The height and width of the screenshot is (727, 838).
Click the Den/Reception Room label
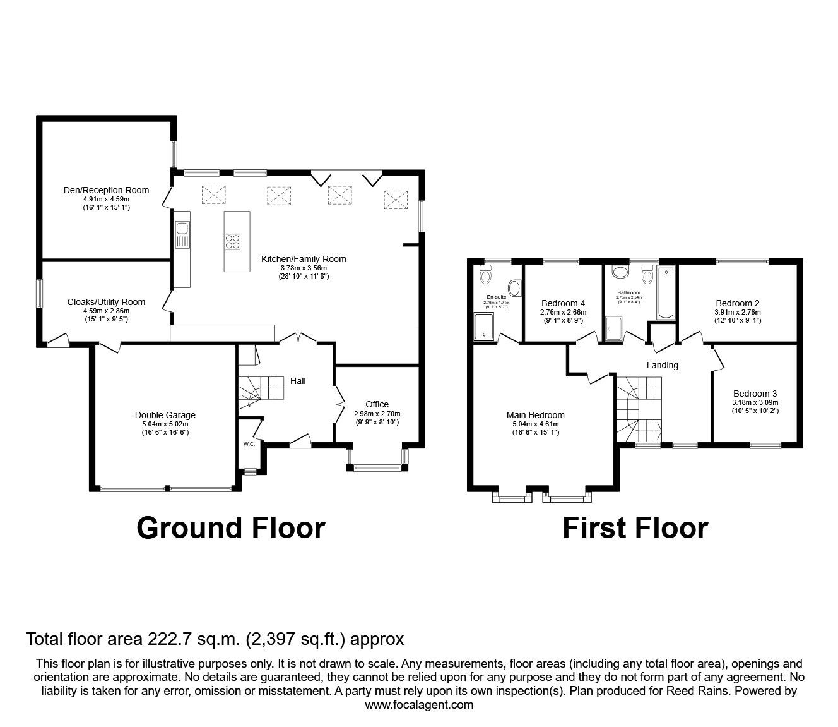(106, 190)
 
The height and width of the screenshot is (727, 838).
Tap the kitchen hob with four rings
(232, 241)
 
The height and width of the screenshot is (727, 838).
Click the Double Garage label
(165, 415)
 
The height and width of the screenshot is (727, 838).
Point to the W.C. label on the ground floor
(249, 444)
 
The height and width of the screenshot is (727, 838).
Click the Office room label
(377, 404)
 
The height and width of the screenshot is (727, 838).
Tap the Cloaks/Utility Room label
(106, 302)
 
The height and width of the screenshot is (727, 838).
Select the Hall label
(298, 381)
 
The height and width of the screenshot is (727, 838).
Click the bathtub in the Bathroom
(666, 294)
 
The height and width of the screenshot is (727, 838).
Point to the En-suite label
(496, 296)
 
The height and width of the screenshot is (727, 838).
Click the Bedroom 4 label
(563, 303)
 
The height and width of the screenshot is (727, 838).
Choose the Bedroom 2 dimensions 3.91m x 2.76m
(738, 312)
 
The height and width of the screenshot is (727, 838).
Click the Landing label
(662, 365)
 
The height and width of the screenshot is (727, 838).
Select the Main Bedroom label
(535, 415)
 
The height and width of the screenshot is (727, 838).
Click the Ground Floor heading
(230, 528)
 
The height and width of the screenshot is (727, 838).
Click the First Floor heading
(635, 528)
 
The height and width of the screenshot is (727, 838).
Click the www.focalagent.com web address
(419, 705)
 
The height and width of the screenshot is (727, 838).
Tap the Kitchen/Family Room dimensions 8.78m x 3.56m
(304, 268)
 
